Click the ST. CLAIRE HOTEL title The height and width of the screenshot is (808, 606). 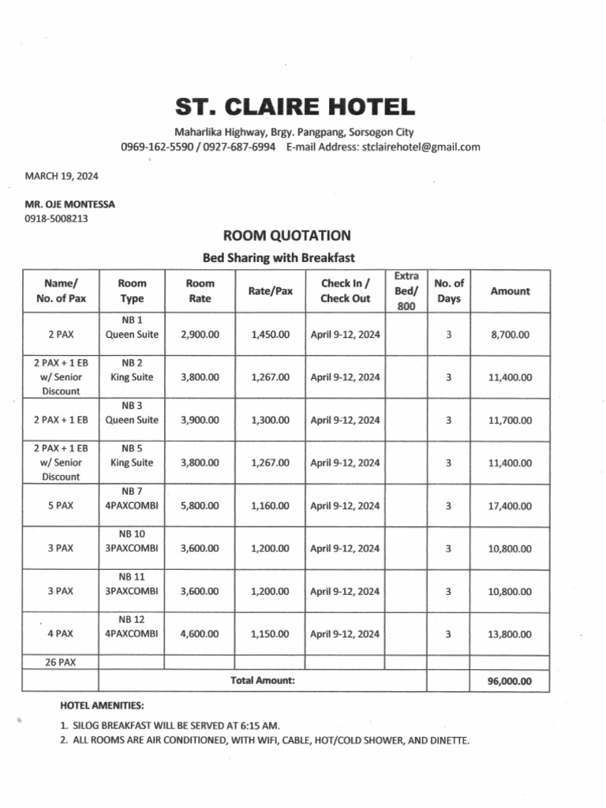(294, 107)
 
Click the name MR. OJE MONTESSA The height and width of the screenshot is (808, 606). (69, 204)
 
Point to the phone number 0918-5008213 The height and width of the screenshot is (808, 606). (56, 218)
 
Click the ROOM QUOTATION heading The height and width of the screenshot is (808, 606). (286, 236)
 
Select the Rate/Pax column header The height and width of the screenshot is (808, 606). (271, 291)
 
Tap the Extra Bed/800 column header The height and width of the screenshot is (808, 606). (406, 291)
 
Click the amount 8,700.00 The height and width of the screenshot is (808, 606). (510, 335)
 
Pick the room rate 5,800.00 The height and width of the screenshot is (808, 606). (200, 506)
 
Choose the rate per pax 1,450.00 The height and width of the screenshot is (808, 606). (271, 335)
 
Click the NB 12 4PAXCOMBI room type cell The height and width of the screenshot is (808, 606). (132, 627)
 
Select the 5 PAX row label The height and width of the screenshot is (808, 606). (61, 506)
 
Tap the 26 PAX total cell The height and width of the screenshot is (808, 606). (61, 662)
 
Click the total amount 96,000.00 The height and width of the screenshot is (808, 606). (510, 681)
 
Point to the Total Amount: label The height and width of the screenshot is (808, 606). (263, 680)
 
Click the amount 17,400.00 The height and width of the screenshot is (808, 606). (510, 506)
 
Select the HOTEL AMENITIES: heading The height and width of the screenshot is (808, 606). (102, 705)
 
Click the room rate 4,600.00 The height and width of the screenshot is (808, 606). (200, 634)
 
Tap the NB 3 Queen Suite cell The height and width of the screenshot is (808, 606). (132, 413)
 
